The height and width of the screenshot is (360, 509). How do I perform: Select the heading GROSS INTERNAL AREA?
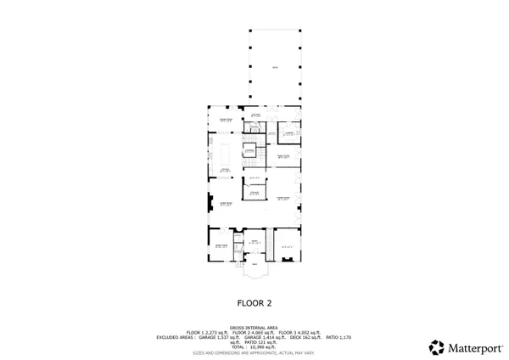(x=255, y=326)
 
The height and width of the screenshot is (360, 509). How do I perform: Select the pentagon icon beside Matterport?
(x=437, y=347)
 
